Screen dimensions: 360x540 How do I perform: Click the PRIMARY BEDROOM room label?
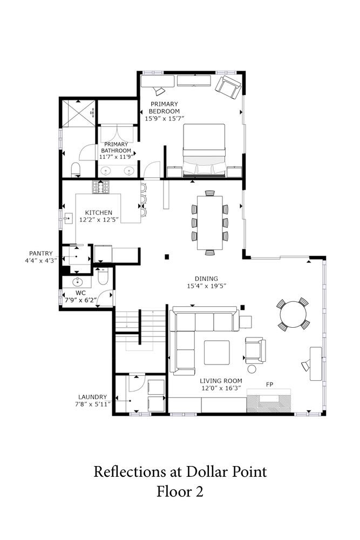(x=164, y=107)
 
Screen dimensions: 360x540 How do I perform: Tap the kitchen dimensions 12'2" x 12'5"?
(x=99, y=220)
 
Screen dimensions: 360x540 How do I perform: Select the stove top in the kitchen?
(x=101, y=187)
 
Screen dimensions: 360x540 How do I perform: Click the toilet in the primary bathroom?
(x=76, y=170)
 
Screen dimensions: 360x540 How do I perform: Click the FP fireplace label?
(x=269, y=384)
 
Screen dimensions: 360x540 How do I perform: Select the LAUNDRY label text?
(x=92, y=397)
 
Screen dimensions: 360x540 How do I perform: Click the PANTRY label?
(x=41, y=253)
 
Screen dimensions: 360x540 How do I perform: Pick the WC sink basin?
(x=78, y=282)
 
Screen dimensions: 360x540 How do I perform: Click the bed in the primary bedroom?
(x=204, y=151)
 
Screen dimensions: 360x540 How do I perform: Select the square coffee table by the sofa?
(x=217, y=352)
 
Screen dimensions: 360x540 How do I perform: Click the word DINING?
(x=206, y=279)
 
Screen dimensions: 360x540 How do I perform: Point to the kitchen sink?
(x=68, y=218)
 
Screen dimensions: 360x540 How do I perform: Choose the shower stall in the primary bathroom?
(x=78, y=113)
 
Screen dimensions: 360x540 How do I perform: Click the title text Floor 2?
(x=180, y=491)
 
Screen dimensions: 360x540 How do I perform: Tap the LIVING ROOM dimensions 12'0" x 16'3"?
(x=221, y=388)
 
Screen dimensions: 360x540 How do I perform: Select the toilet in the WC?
(x=103, y=276)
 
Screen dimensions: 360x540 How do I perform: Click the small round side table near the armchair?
(x=252, y=369)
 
